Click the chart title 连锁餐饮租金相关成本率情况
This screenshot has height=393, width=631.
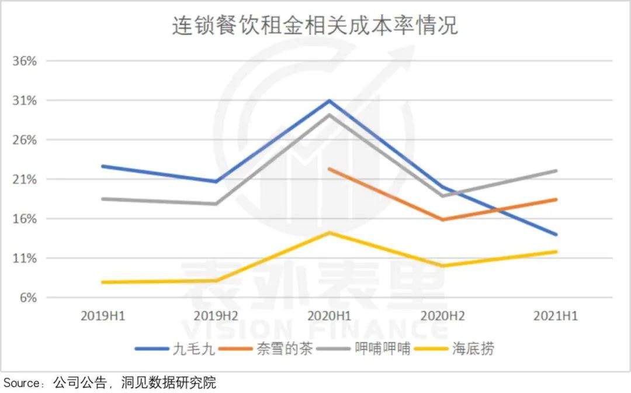coord(315,26)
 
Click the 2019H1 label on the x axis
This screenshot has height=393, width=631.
coord(103,316)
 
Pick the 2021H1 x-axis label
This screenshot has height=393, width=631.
coord(556,316)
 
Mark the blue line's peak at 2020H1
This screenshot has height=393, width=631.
coord(330,101)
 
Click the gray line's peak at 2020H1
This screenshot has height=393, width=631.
coord(330,115)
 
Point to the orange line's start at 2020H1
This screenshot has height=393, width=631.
coord(330,169)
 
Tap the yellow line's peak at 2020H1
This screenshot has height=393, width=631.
coord(330,233)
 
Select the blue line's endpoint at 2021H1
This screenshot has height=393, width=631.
coord(556,235)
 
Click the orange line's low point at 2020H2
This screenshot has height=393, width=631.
coord(443,220)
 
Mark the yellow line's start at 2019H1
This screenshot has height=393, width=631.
coord(103,282)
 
